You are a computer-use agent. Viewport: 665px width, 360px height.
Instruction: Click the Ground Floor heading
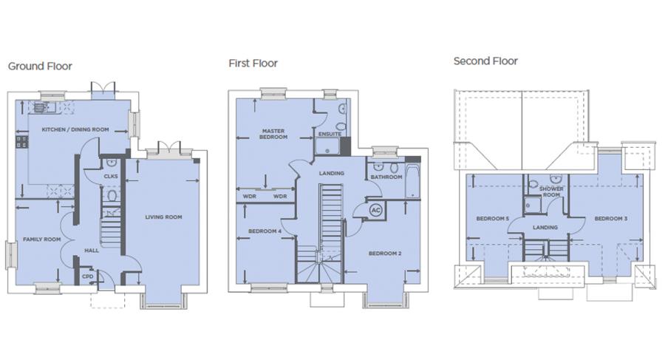[40, 67]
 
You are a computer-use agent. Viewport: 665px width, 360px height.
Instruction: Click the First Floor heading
[253, 64]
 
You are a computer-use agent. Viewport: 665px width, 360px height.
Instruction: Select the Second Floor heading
[485, 61]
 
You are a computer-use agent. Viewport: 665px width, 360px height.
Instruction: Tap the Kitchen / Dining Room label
[75, 129]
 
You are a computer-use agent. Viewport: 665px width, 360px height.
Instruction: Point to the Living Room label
[163, 217]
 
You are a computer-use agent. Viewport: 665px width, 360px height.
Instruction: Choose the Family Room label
[41, 240]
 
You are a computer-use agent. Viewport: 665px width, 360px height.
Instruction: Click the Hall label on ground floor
[91, 251]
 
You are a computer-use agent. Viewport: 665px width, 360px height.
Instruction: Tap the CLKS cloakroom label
[111, 176]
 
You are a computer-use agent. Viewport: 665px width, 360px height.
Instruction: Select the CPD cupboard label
[87, 276]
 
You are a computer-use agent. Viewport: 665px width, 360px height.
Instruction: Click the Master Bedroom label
[273, 134]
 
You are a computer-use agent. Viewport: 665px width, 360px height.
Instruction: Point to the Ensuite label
[330, 134]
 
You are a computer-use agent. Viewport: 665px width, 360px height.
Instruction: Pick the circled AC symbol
[376, 210]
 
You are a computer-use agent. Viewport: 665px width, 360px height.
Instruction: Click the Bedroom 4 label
[265, 231]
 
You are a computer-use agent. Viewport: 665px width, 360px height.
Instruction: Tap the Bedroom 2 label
[385, 254]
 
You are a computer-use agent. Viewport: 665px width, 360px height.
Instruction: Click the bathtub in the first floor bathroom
[413, 182]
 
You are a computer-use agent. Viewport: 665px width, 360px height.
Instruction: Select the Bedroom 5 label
[492, 219]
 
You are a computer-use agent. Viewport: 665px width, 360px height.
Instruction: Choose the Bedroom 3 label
[611, 219]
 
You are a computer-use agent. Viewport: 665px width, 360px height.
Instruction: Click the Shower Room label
[551, 191]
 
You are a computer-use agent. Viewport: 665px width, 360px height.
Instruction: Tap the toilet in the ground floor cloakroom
[112, 196]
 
